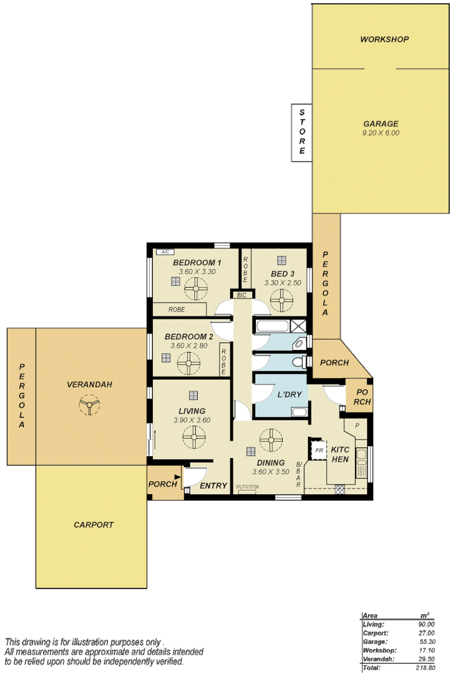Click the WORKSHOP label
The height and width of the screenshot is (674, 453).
384,39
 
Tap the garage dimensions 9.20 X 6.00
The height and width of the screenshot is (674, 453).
380,133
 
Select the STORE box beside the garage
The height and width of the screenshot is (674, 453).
302,132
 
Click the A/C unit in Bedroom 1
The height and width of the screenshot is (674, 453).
165,252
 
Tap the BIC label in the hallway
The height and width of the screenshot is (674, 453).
242,295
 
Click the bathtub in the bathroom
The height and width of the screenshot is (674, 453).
272,326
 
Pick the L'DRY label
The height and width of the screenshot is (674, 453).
290,394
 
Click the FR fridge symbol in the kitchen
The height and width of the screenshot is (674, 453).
319,450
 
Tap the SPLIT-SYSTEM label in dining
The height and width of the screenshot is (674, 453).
247,487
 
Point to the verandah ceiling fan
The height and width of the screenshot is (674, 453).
89,408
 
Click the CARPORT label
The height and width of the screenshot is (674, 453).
94,525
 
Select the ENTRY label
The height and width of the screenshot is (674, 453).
213,486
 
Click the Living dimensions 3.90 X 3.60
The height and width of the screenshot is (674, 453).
192,420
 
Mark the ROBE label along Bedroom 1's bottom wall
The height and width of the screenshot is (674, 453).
177,310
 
